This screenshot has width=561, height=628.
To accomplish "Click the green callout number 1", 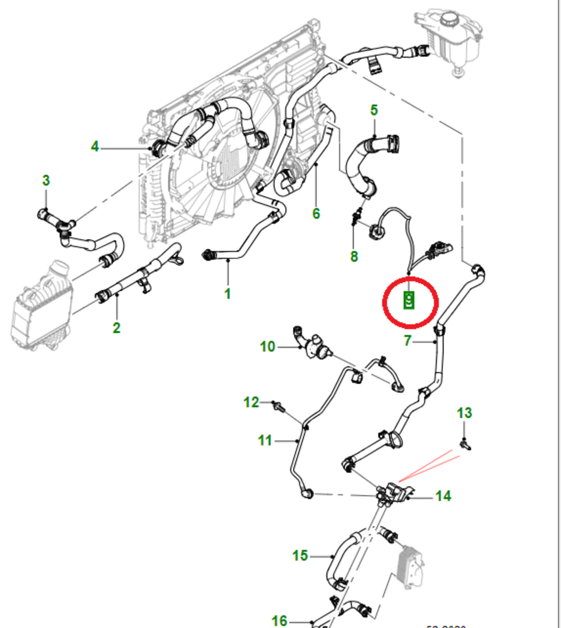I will pos(228,294).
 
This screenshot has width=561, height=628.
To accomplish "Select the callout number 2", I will pos(116,327).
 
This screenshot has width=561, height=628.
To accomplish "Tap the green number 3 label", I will pos(47,180).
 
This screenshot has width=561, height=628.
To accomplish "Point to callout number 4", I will pos(95,147).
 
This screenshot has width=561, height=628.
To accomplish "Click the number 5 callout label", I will pos(374,110).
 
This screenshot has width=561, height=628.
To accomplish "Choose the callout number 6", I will pos(316,213).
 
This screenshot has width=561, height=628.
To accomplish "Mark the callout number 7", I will pos(407,341).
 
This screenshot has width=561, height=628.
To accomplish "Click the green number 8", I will pos(354,256).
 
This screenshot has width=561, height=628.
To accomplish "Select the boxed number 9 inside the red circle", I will pos(409,300).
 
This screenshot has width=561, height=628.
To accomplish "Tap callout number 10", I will pos(267,347).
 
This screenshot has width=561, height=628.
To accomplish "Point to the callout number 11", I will pos(265,441).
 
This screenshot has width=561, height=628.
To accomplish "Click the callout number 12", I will pos(251,402).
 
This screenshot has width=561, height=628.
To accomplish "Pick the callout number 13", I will pos(464,413).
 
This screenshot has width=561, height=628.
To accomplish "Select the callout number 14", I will pos(443,496).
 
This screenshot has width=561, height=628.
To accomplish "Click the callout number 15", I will pos(300,556).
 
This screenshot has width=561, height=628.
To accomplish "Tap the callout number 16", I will pos(279,621).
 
